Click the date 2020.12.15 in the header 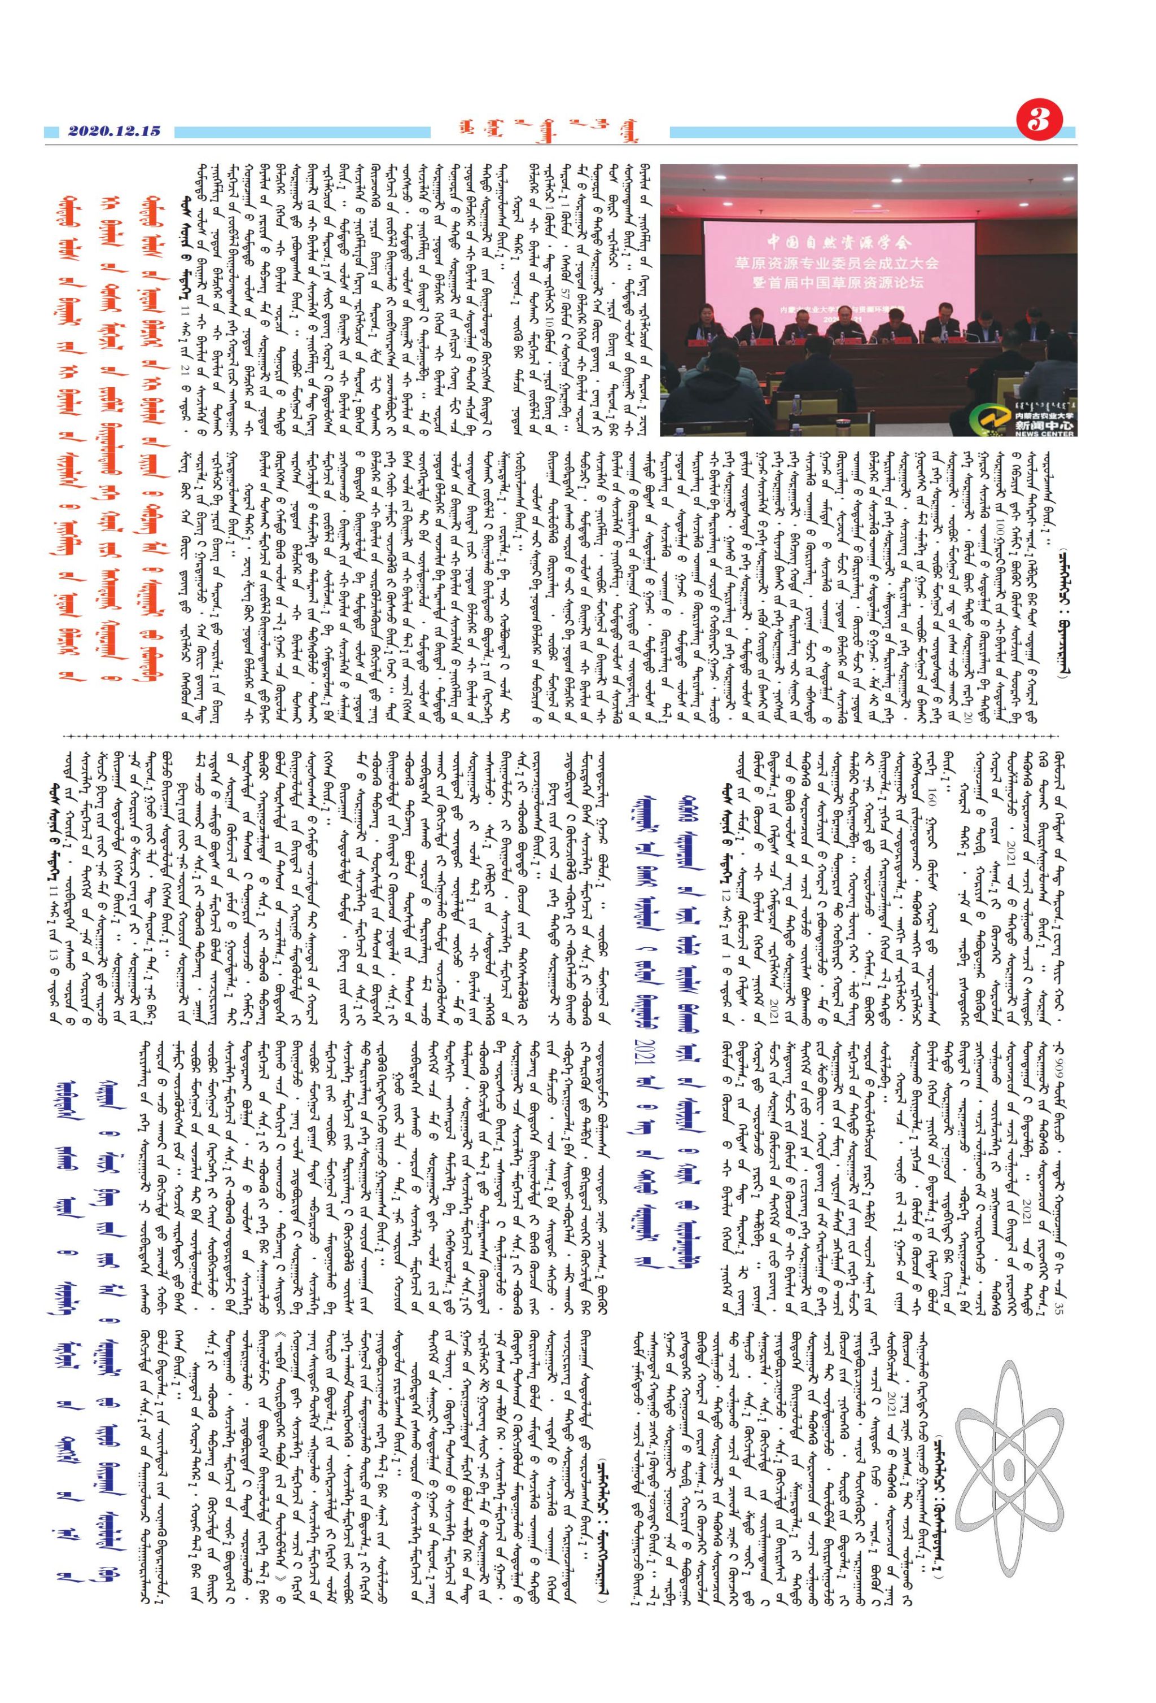click(x=113, y=131)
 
